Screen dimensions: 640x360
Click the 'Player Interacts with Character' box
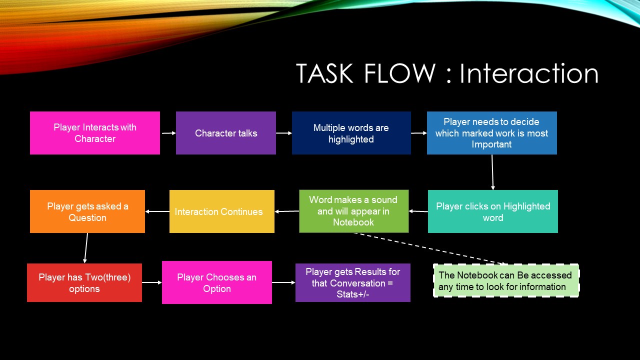95,133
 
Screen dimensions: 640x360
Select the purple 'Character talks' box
226,133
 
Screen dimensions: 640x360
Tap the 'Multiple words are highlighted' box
351,133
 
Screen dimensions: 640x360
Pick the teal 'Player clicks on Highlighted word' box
493,211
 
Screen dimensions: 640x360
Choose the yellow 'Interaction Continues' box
222,211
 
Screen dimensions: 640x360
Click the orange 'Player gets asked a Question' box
87,211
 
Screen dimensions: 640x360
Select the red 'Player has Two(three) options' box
84,282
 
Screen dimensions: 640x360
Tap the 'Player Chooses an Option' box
217,282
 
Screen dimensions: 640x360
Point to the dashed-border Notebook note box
506,280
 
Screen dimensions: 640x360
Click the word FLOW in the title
400,73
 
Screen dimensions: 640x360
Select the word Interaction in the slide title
529,73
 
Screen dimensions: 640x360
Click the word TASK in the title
325,73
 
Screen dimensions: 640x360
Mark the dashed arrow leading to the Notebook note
430,248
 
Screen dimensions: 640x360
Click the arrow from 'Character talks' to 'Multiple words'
284,133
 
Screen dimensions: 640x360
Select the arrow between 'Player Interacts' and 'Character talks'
168,133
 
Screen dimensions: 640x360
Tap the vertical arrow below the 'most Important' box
492,172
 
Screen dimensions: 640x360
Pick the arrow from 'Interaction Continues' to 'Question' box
157,211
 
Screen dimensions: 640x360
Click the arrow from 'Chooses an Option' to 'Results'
283,282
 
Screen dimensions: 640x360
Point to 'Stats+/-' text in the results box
353,294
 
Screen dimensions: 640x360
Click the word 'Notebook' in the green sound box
353,222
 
